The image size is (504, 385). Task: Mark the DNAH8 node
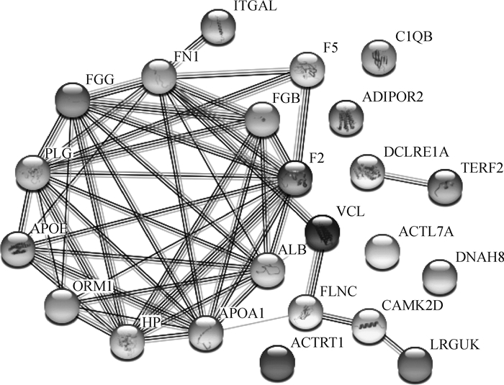441,277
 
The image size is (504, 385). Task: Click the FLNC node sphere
304,310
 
